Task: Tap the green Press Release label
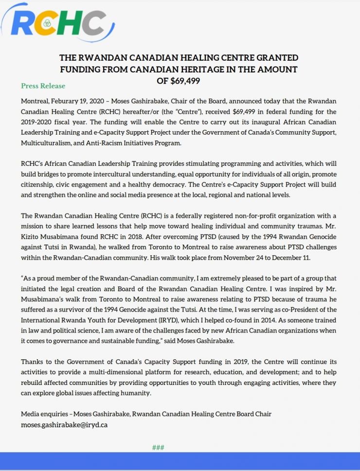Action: [x=43, y=86]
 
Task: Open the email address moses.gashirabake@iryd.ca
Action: [x=64, y=424]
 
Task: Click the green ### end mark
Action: [x=158, y=448]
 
